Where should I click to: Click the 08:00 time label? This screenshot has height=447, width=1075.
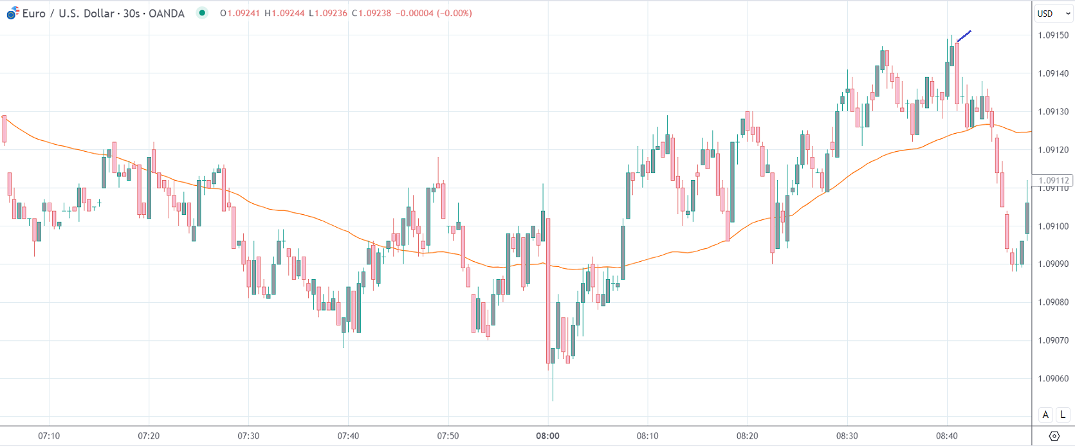point(547,436)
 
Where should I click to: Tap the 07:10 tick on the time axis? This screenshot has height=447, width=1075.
point(49,436)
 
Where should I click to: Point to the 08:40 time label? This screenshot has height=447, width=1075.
point(946,436)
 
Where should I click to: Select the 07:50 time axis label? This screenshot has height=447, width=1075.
point(448,436)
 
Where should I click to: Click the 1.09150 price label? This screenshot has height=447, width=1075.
point(1053,35)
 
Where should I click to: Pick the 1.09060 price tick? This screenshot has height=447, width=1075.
point(1053,379)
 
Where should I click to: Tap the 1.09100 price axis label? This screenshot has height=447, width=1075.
point(1053,226)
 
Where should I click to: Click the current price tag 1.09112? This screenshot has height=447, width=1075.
point(1053,181)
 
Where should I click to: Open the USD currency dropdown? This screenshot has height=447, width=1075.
point(1053,14)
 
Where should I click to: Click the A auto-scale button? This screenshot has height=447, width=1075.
point(1045,415)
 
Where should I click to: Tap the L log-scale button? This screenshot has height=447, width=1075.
point(1063,415)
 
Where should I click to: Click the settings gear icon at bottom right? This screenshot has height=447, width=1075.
point(1054,436)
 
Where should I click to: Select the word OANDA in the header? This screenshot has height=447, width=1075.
point(167,14)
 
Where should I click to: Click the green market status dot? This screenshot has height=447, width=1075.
point(202,13)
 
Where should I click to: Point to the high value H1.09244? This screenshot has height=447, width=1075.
point(284,14)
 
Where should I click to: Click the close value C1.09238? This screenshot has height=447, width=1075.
point(371,14)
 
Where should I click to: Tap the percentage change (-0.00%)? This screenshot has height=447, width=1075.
point(454,14)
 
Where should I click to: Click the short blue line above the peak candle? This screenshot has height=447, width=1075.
point(964,36)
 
